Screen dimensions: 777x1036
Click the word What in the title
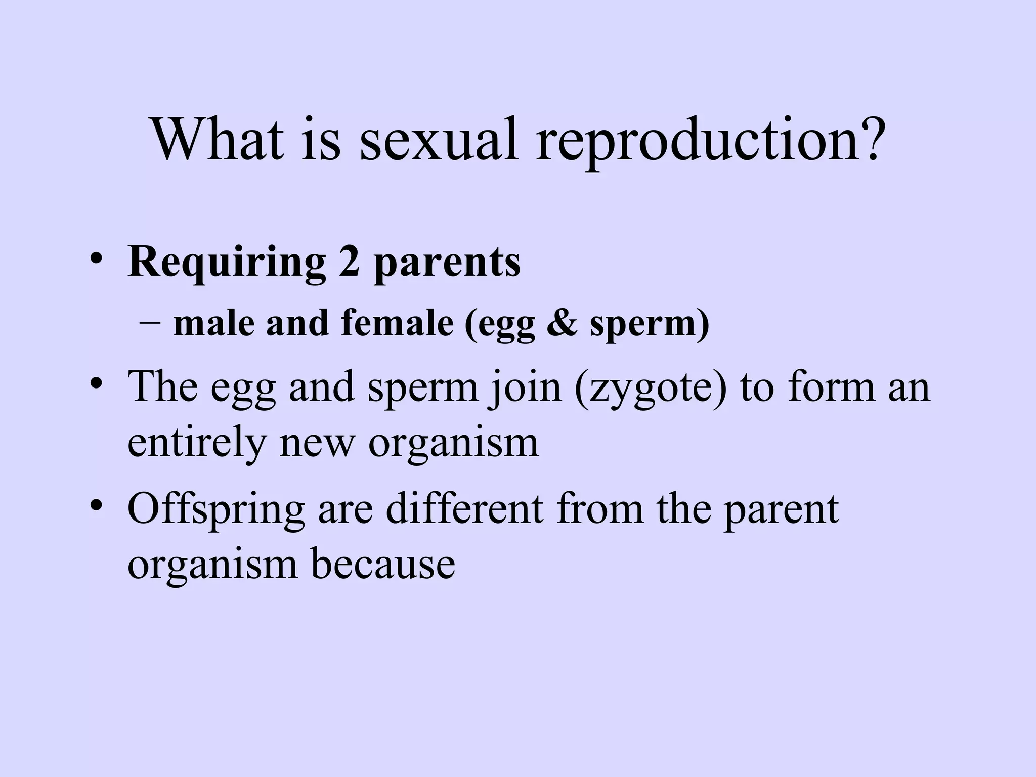(x=218, y=139)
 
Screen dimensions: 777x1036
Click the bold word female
(x=397, y=323)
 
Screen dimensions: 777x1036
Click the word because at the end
(x=382, y=564)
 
